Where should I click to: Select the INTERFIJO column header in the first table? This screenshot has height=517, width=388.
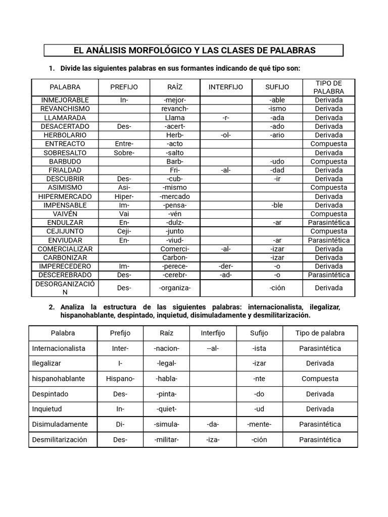coord(226,87)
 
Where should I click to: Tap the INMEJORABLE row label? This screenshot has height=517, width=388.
coord(65,100)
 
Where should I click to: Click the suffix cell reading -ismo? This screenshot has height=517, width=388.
coord(277,109)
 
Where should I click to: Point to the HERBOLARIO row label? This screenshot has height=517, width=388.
coord(65,135)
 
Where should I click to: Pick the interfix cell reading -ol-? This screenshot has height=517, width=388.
coord(226,135)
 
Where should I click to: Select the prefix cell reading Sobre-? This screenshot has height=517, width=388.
coord(124,152)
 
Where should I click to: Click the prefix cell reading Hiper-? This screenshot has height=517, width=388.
coord(124,196)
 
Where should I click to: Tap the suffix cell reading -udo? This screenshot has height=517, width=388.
coord(277,162)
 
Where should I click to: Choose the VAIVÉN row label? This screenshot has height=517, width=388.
coord(65,214)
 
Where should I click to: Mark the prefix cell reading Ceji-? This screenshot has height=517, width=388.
coord(124,231)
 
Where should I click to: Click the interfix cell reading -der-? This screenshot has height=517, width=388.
coord(226,266)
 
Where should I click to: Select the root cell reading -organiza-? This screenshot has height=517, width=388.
coord(175,288)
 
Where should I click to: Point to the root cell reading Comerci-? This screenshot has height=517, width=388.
coord(175,249)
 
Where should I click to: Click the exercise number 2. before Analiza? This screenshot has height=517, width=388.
coord(52,307)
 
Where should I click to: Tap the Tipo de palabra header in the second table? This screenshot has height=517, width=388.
coord(320,333)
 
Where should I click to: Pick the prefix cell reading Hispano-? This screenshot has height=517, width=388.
coord(120,379)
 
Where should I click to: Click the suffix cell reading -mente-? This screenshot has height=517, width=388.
coord(259,424)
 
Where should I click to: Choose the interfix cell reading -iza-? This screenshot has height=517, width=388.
coord(213,439)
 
